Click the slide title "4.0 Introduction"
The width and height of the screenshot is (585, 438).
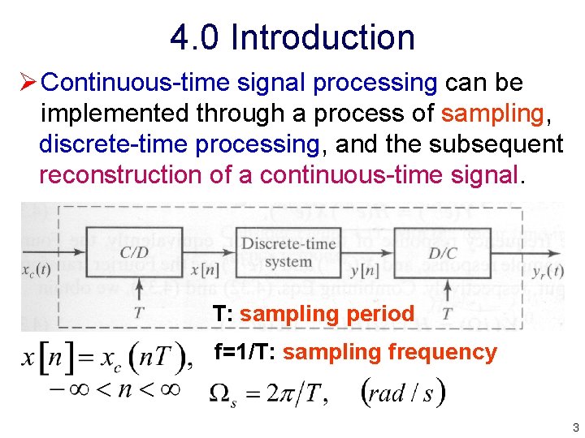pos(292,37)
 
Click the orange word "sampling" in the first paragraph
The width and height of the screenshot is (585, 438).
pos(492,114)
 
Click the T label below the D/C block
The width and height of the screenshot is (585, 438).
pos(446,314)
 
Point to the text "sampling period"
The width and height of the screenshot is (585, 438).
pos(327,313)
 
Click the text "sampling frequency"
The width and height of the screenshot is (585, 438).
pos(389,352)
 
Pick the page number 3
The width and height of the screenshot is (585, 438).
pos(575,427)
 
